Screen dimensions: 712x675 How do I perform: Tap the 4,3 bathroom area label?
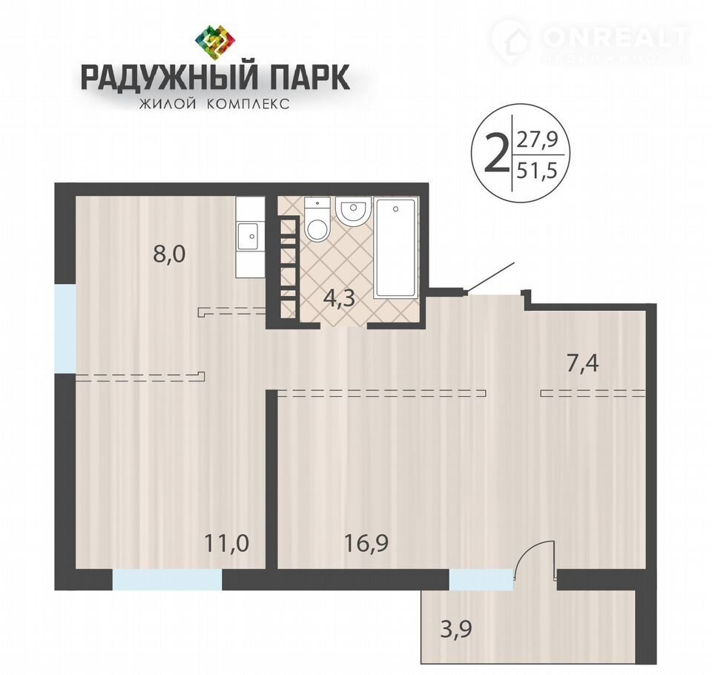338,299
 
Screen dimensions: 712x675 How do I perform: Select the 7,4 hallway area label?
582,364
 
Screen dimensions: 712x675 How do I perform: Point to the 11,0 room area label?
227,543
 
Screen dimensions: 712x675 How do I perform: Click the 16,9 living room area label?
366,543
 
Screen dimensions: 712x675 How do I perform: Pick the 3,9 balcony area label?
456,630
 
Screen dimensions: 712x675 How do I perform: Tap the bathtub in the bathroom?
395,248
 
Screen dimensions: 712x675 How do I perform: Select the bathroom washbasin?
354,211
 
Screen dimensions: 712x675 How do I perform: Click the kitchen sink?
248,236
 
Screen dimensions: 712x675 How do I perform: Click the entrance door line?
491,277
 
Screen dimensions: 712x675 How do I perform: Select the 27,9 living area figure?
537,140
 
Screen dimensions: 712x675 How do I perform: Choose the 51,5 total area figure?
537,171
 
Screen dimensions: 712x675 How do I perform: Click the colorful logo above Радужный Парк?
216,41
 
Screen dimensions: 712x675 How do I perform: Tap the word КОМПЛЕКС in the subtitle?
248,105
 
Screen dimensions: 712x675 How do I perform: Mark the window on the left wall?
65,329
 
